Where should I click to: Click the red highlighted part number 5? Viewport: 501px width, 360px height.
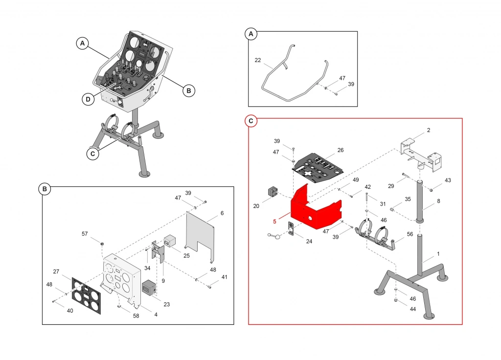(x=274, y=221)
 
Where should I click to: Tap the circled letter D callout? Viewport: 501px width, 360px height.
(x=88, y=100)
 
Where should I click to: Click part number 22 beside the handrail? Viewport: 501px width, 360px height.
(x=258, y=60)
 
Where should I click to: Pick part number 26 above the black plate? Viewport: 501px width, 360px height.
(x=341, y=150)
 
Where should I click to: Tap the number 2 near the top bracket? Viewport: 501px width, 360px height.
(x=429, y=130)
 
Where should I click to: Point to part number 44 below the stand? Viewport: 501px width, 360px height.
(x=413, y=310)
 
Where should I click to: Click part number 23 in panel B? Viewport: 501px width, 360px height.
(x=167, y=304)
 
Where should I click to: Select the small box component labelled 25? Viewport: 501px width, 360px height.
(x=169, y=241)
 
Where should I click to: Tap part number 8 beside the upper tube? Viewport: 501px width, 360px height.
(x=438, y=201)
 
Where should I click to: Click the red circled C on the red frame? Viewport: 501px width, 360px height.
(x=251, y=121)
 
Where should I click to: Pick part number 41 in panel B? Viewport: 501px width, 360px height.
(x=224, y=277)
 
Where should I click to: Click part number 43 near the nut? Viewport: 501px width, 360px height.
(x=448, y=181)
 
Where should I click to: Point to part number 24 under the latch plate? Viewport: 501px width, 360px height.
(x=309, y=241)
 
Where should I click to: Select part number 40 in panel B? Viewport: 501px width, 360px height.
(x=70, y=310)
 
